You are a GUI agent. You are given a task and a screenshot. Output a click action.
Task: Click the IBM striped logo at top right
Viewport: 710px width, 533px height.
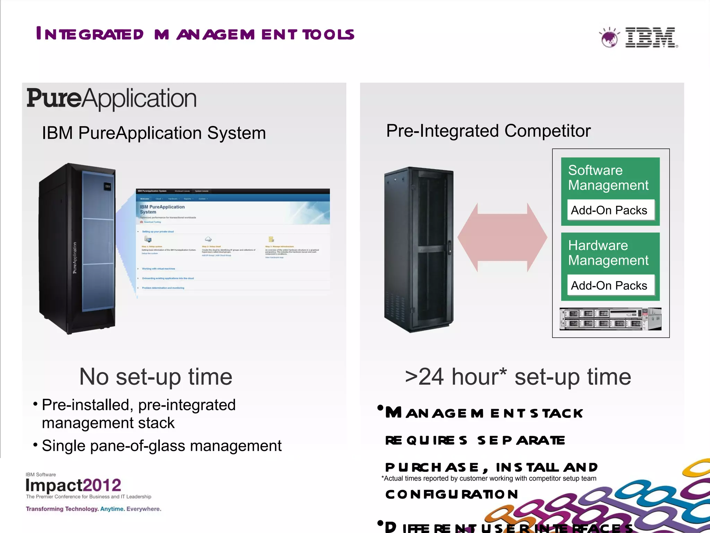click(650, 37)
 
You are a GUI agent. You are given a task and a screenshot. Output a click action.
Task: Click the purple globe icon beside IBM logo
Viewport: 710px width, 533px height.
click(609, 37)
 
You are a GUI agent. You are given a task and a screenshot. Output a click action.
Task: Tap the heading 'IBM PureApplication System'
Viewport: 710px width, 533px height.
click(154, 133)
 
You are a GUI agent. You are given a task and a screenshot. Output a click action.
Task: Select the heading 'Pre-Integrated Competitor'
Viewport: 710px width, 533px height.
click(488, 131)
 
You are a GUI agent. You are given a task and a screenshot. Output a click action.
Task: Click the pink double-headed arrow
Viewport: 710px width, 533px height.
click(502, 237)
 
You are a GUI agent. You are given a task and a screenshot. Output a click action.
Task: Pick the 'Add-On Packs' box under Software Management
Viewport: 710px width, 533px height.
click(610, 210)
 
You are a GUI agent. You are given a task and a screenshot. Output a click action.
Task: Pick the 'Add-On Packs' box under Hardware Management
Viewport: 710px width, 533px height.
click(610, 285)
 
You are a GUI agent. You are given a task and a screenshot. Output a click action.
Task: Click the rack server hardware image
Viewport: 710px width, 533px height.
click(610, 319)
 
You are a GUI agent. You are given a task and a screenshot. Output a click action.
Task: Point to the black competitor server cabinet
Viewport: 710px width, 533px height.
click(419, 250)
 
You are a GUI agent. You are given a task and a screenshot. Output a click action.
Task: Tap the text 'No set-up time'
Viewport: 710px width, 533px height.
click(156, 377)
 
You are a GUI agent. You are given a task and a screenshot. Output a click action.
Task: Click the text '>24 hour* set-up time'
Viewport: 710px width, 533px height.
click(518, 377)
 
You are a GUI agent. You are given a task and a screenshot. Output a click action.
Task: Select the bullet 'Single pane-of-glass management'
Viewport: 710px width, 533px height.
click(161, 446)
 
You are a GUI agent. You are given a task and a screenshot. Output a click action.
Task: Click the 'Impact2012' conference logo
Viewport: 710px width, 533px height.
click(73, 485)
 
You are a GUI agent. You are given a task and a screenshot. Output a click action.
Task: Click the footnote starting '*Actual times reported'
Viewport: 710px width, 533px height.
click(488, 478)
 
